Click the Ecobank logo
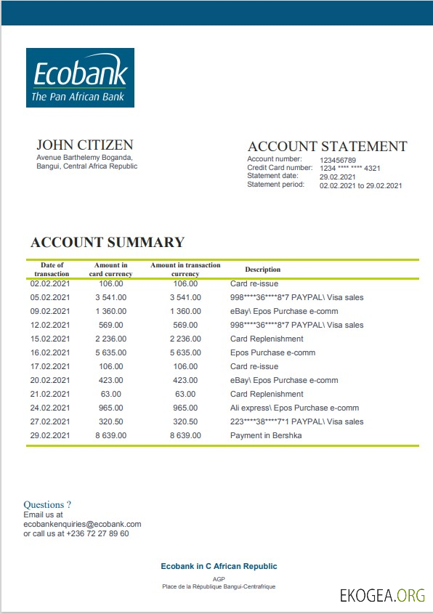[80, 78]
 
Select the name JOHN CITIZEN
[84, 145]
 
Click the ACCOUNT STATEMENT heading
[327, 146]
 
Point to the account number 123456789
[338, 159]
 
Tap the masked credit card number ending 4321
[349, 168]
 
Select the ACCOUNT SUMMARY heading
[108, 243]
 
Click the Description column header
[262, 270]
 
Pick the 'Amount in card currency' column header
[110, 270]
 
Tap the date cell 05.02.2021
[50, 297]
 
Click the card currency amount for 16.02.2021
[111, 352]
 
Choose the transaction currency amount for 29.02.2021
[185, 435]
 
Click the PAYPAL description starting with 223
[296, 421]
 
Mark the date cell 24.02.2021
[50, 408]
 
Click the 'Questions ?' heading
[47, 504]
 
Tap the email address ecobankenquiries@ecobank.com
[82, 523]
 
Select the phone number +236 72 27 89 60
[97, 533]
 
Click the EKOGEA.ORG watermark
[382, 596]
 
